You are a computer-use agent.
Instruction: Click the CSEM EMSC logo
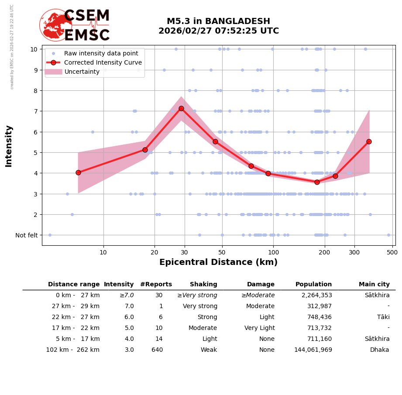75,25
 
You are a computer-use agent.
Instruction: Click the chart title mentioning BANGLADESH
218,26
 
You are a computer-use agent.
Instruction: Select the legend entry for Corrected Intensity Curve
103,62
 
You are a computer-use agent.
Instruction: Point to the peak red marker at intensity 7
181,108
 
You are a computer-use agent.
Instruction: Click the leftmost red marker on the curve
78,172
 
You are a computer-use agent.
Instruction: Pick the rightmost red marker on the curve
369,141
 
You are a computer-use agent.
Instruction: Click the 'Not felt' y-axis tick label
26,235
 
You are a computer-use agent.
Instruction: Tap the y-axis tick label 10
34,49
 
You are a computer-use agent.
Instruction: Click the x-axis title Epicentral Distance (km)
218,262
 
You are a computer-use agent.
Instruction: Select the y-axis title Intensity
9,146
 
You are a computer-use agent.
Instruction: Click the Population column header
313,285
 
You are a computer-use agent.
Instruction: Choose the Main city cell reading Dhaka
379,350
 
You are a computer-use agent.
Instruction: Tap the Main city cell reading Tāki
382,317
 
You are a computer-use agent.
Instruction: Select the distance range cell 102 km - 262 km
73,350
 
